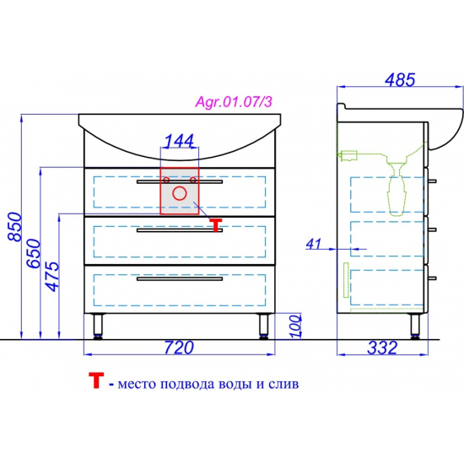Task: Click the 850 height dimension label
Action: pyautogui.click(x=15, y=227)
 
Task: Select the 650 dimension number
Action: pyautogui.click(x=34, y=254)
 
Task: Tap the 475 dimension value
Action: pyautogui.click(x=52, y=277)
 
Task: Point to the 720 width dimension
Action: pyautogui.click(x=179, y=348)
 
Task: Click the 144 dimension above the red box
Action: pyautogui.click(x=179, y=141)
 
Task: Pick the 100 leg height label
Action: pyautogui.click(x=294, y=326)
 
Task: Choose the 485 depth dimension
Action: pyautogui.click(x=400, y=80)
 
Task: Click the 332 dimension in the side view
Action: pyautogui.click(x=382, y=348)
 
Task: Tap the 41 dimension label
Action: pyautogui.click(x=313, y=244)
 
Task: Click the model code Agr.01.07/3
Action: pyautogui.click(x=234, y=102)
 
